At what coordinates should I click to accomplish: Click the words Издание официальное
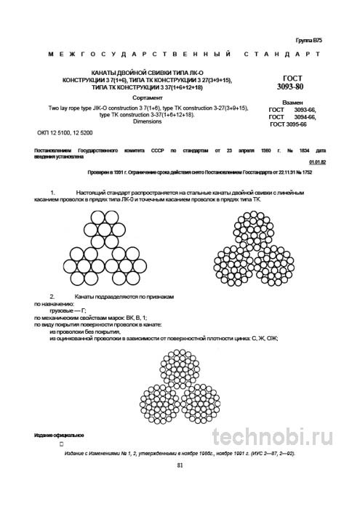(58, 435)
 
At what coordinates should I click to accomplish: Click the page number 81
(180, 466)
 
